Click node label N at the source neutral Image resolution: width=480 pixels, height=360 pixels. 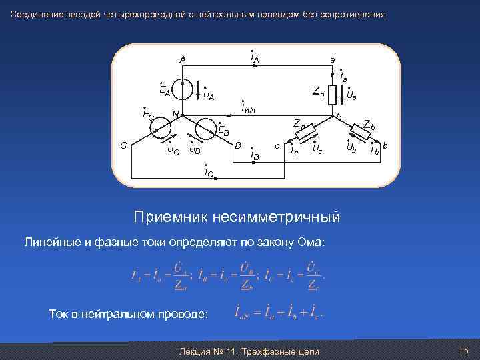[174, 114]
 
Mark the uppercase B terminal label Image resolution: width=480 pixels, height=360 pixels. [238, 145]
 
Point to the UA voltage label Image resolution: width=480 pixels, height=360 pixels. [209, 95]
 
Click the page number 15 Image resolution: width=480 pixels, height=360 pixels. [463, 351]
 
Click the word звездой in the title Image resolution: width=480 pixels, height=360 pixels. [78, 14]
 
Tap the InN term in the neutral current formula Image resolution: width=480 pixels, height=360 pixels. [242, 313]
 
